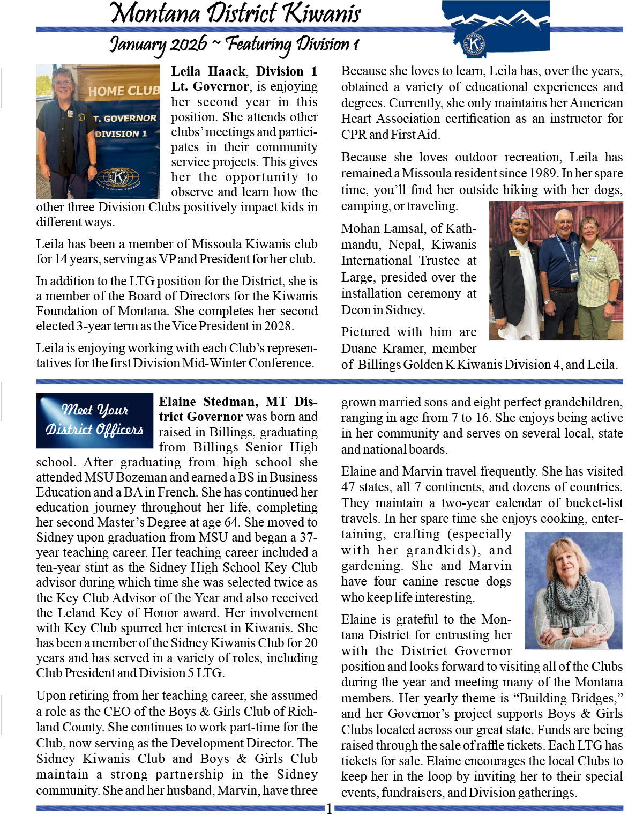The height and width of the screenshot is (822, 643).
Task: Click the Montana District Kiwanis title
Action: tap(236, 13)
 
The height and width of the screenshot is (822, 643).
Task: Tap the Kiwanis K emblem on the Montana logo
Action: tap(474, 43)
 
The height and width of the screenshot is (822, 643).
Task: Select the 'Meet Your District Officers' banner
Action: tap(94, 420)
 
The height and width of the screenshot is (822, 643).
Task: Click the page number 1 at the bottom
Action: tap(329, 809)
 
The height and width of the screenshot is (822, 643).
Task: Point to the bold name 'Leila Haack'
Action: tap(209, 71)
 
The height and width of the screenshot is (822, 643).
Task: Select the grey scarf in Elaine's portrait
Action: tap(568, 601)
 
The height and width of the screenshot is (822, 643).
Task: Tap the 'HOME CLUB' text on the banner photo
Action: tap(124, 91)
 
